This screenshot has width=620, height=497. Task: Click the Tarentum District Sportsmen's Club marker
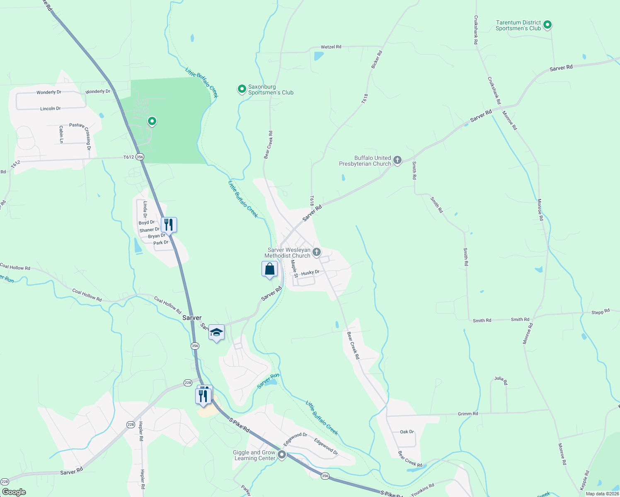(547, 25)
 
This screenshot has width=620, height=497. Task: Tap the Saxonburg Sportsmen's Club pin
(242, 89)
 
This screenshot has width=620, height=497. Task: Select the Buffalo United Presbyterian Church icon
(397, 160)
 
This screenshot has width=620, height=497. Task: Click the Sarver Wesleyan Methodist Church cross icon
(316, 252)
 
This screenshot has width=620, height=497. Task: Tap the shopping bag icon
(269, 269)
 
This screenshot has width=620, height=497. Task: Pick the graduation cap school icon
(216, 332)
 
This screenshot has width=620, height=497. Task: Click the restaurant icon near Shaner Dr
(169, 225)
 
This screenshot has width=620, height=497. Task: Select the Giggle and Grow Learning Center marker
(282, 455)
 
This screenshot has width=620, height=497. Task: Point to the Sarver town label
(192, 318)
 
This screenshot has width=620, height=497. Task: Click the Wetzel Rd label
(331, 47)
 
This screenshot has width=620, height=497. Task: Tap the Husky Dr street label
(310, 273)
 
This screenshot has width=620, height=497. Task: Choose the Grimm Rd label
(467, 414)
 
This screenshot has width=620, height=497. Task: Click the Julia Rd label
(501, 380)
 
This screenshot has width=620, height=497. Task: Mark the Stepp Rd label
(600, 312)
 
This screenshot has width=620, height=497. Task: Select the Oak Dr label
(407, 432)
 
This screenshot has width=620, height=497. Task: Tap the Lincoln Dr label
(51, 109)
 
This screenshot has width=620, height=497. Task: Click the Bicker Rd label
(376, 60)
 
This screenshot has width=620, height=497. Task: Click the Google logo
(14, 492)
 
